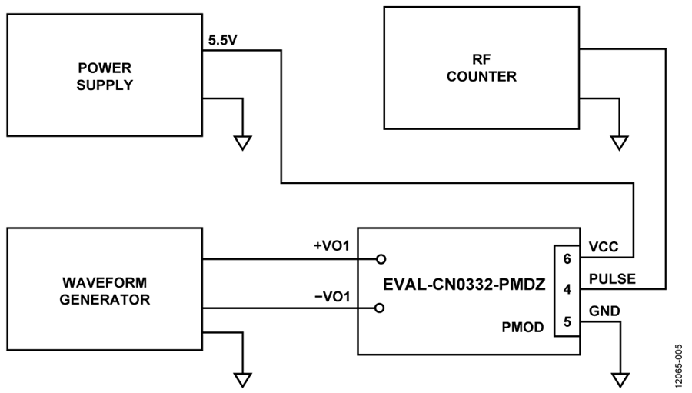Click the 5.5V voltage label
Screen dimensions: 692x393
click(x=223, y=41)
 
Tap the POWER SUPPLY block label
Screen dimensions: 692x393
click(x=105, y=76)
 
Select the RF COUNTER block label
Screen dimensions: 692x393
click(x=481, y=68)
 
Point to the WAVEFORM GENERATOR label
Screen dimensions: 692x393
click(x=105, y=291)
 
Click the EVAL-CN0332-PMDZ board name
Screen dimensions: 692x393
click(x=464, y=285)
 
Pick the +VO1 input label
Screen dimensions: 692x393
click(x=331, y=245)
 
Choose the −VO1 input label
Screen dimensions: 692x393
click(x=332, y=297)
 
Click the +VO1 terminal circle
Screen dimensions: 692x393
click(x=381, y=259)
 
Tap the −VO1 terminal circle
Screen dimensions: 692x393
click(x=379, y=308)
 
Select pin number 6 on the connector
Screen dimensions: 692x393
click(x=567, y=258)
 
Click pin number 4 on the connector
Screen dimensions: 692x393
click(x=567, y=290)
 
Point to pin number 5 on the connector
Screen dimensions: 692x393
click(x=567, y=321)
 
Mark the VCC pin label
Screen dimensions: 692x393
click(x=604, y=247)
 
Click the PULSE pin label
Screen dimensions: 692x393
click(x=613, y=279)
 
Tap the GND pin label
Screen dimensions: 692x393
click(x=604, y=311)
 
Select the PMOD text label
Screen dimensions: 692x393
click(x=523, y=327)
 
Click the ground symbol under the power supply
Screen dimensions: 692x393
click(x=242, y=143)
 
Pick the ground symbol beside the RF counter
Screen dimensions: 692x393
click(x=619, y=143)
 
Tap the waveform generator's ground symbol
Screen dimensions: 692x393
click(x=242, y=380)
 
